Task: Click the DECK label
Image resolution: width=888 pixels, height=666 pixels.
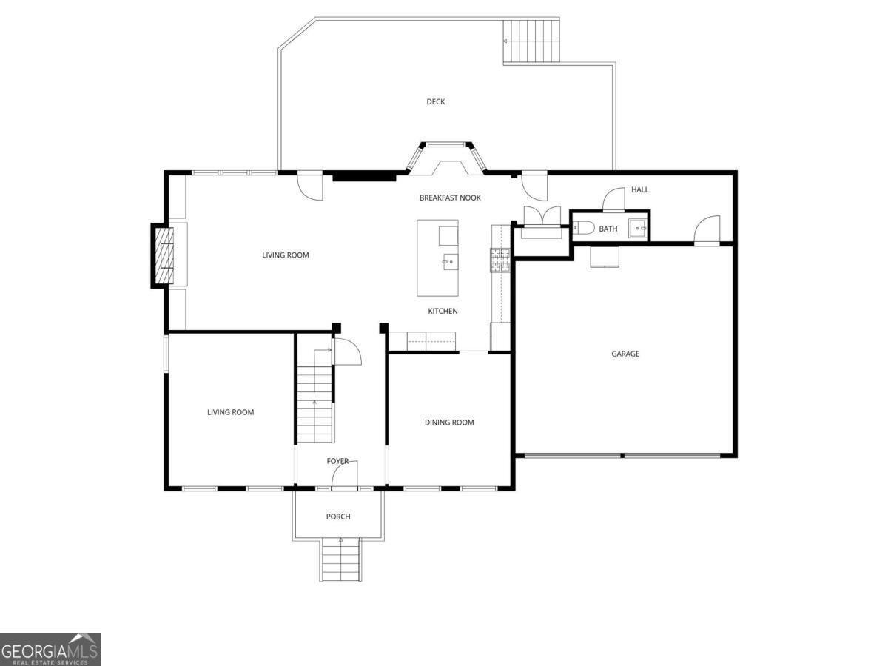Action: (435, 102)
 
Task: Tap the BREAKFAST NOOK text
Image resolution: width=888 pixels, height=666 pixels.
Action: (450, 198)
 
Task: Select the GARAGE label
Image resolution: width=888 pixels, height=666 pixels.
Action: (625, 354)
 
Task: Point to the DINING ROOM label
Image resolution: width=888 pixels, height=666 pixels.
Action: (449, 423)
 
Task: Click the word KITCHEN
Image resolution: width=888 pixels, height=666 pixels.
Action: (443, 311)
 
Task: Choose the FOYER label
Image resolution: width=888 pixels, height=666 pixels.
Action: (337, 461)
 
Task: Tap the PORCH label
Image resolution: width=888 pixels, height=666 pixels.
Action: (338, 517)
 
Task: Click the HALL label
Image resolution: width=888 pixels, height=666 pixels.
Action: (640, 189)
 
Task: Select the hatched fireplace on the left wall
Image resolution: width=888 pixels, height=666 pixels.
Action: (164, 255)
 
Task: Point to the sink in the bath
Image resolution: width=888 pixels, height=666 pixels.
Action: (638, 229)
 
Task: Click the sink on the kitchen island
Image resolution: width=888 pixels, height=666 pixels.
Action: (449, 261)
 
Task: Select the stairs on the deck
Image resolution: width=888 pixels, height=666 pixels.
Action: (531, 42)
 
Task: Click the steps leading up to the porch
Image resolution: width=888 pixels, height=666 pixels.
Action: (340, 560)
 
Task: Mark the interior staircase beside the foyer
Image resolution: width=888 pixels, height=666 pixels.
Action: (315, 400)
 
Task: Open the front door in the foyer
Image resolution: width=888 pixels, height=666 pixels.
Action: (346, 475)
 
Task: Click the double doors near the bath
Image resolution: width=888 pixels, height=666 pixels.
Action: (542, 219)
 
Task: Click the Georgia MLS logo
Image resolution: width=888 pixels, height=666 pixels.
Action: (50, 649)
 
